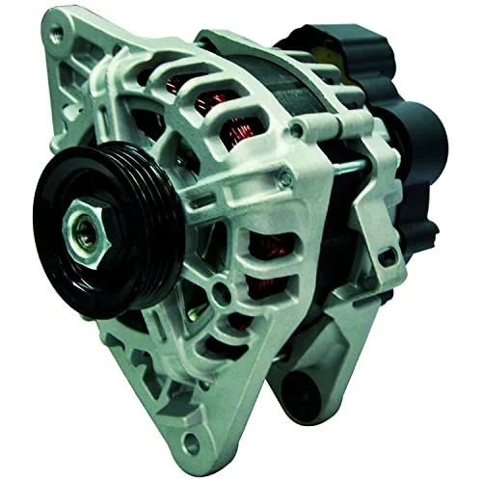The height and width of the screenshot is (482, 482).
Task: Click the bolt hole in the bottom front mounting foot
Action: pyautogui.click(x=194, y=444)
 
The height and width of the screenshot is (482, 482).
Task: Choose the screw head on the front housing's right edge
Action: pyautogui.click(x=286, y=176)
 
